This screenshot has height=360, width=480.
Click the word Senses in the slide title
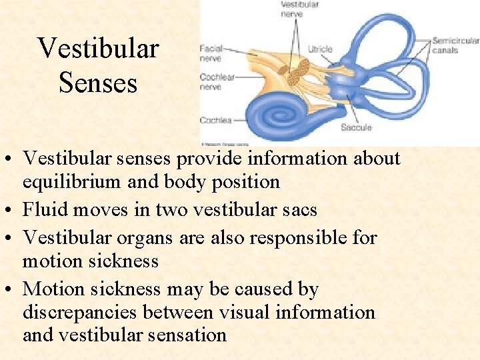pyautogui.click(x=98, y=83)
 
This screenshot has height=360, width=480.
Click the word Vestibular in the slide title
pyautogui.click(x=98, y=48)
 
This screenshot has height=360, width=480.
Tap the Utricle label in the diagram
pyautogui.click(x=320, y=49)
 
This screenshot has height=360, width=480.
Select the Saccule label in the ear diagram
pyautogui.click(x=356, y=127)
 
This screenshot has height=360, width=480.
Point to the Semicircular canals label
pyautogui.click(x=455, y=45)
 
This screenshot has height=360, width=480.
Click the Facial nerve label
pyautogui.click(x=211, y=53)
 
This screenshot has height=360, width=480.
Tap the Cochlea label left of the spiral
pyautogui.click(x=215, y=121)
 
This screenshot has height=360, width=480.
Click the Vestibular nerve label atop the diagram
pyautogui.click(x=299, y=9)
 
